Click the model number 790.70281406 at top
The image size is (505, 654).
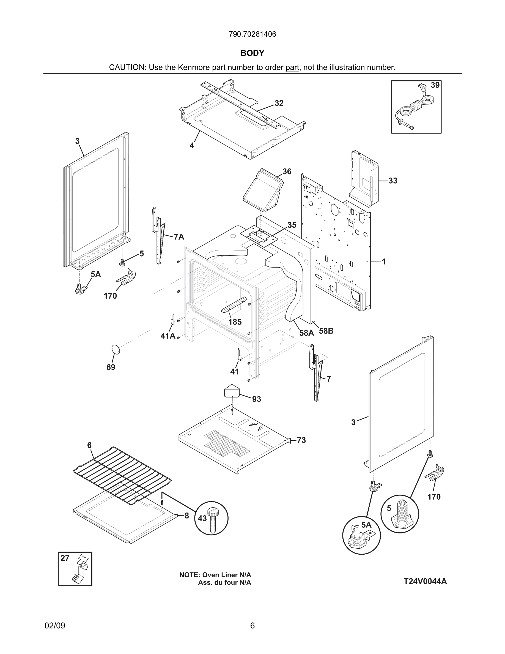click(252, 34)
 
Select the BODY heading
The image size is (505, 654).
click(252, 53)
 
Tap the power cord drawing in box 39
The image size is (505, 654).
click(414, 109)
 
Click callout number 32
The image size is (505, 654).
click(279, 103)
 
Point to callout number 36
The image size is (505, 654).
click(287, 171)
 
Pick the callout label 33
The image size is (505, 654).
click(393, 181)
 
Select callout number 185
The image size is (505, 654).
click(235, 322)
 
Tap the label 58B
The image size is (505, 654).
click(326, 331)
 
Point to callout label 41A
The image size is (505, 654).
click(168, 336)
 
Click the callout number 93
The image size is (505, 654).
click(256, 399)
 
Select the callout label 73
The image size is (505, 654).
click(301, 440)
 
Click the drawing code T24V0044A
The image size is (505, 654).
click(425, 582)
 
